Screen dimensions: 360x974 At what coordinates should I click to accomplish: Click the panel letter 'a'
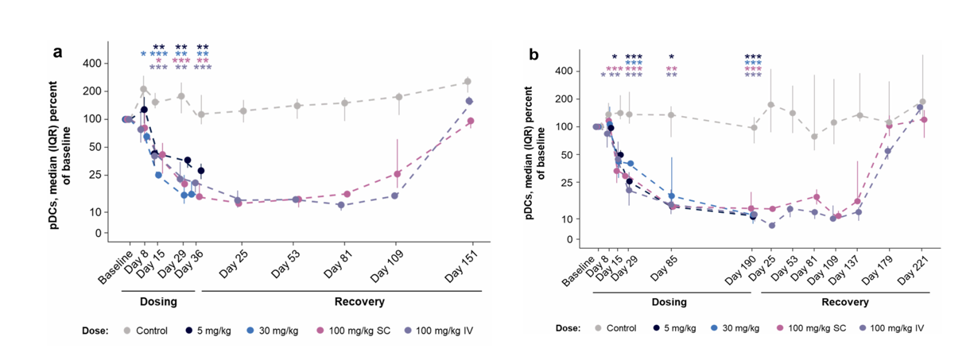(57, 53)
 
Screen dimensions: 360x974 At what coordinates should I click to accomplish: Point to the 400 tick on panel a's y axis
(112, 63)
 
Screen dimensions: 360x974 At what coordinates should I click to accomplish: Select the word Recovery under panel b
(844, 302)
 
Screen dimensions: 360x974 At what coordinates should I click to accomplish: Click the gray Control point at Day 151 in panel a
(468, 82)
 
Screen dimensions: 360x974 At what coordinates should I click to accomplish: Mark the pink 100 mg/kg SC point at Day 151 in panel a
(471, 121)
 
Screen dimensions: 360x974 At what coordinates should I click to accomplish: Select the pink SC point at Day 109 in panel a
(398, 174)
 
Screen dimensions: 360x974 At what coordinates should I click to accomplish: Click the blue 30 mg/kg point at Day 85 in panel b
(671, 195)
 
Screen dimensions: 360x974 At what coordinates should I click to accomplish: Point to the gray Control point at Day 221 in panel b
(922, 103)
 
